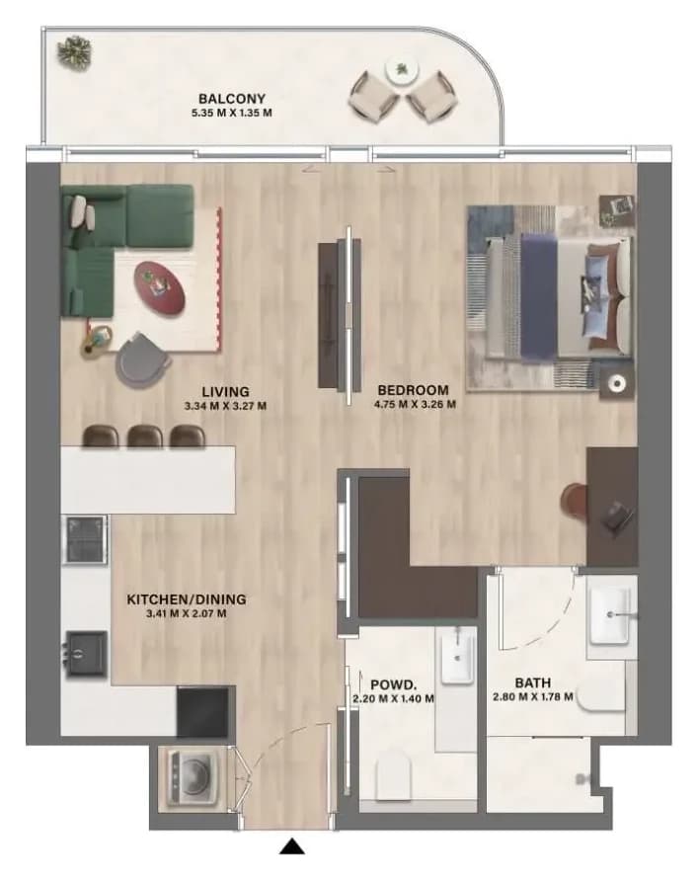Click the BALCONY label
point(231,99)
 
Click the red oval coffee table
point(160,285)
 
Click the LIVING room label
point(225,391)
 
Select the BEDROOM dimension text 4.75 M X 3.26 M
point(415,404)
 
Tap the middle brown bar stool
point(145,437)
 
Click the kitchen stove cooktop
point(86,540)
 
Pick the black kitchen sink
point(86,653)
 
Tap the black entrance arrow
point(292,846)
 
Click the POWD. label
point(393,684)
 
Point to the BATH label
point(532,682)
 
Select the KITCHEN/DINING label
point(187,599)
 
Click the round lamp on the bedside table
point(617,384)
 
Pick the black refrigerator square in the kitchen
point(202,712)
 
